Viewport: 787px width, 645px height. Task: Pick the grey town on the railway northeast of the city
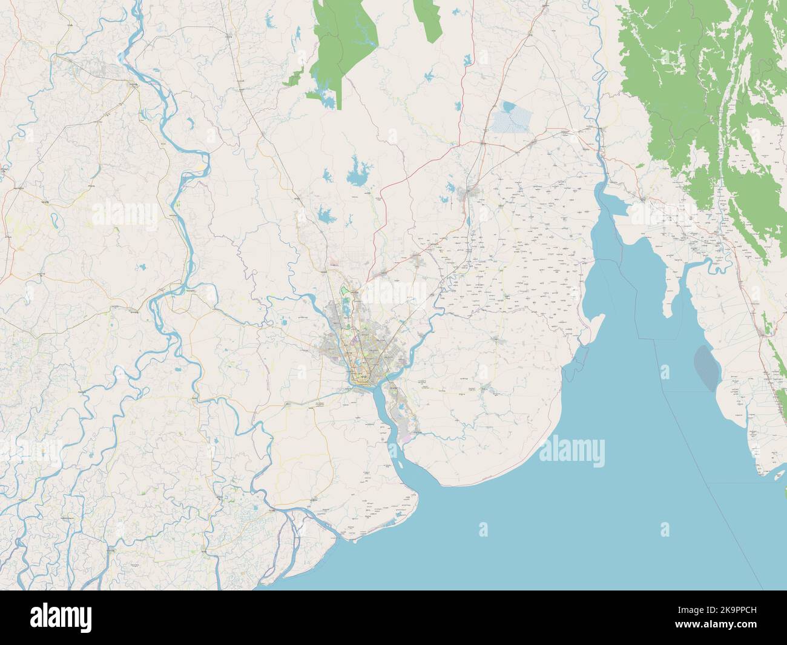click(469, 194)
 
